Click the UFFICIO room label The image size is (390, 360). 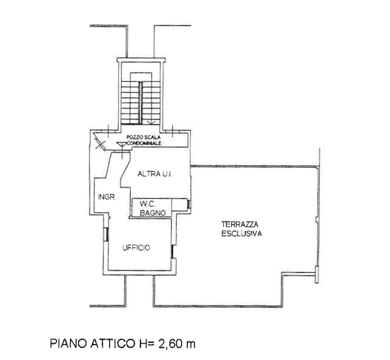click(x=136, y=248)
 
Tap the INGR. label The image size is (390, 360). click(x=107, y=197)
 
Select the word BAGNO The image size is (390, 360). click(x=153, y=213)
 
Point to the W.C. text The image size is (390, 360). click(x=148, y=204)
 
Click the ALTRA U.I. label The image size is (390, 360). click(x=155, y=174)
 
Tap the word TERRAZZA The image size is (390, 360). click(x=240, y=225)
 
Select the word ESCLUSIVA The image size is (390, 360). click(x=242, y=233)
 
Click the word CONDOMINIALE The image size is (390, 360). click(x=144, y=143)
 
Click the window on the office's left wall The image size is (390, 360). click(x=105, y=234)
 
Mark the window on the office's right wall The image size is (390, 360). click(x=172, y=252)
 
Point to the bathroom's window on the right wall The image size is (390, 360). click(x=189, y=204)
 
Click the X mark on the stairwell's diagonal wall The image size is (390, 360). click(x=100, y=145)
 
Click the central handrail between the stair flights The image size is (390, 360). click(x=140, y=103)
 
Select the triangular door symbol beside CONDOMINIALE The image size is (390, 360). click(x=121, y=144)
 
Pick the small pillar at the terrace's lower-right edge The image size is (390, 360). click(x=316, y=275)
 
